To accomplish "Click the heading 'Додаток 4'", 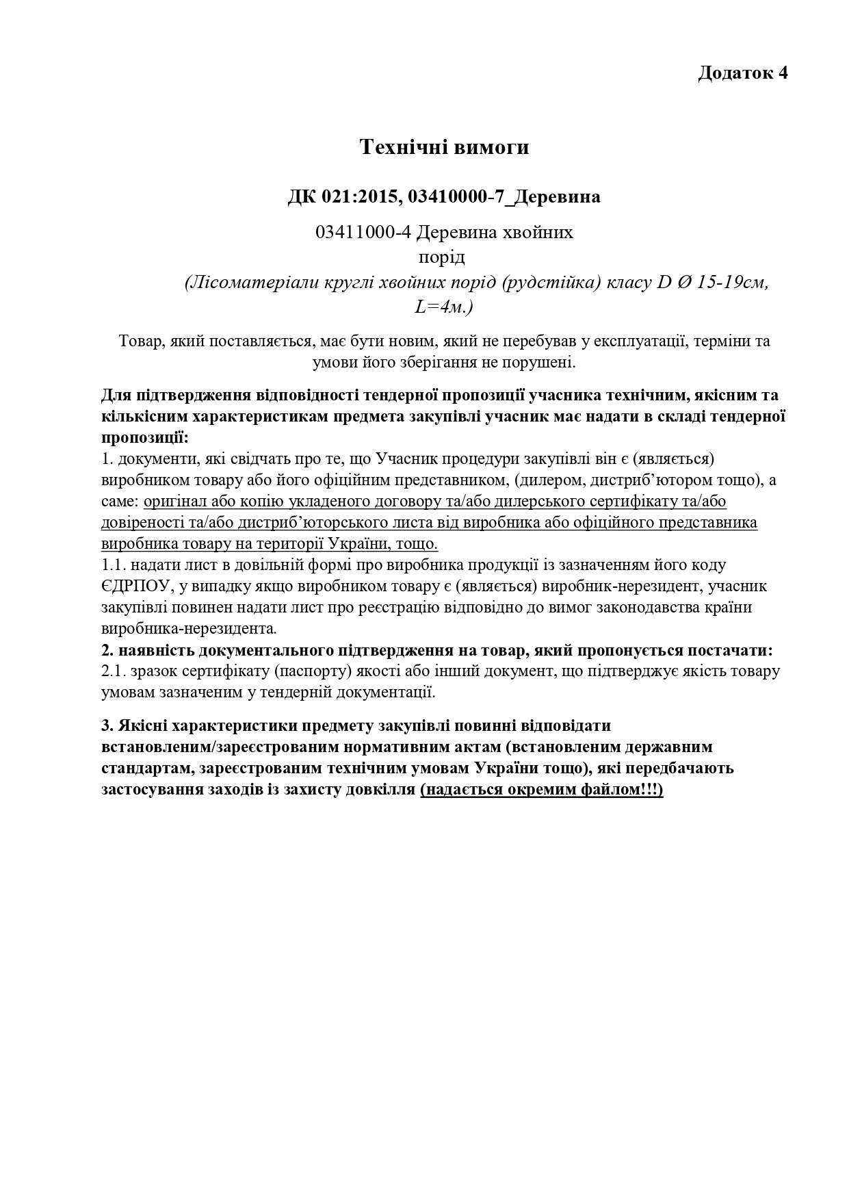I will coord(742,73).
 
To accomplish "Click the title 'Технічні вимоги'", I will coord(445,147).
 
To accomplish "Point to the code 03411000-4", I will coord(363,233).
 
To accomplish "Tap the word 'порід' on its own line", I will coord(441,257).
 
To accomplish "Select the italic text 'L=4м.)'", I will coord(444,307).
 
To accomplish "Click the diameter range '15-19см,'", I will coord(732,283).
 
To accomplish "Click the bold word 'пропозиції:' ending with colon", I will coord(145,437).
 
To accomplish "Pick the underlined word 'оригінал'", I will coord(173,502).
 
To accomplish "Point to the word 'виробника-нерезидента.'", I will coord(189,628).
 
